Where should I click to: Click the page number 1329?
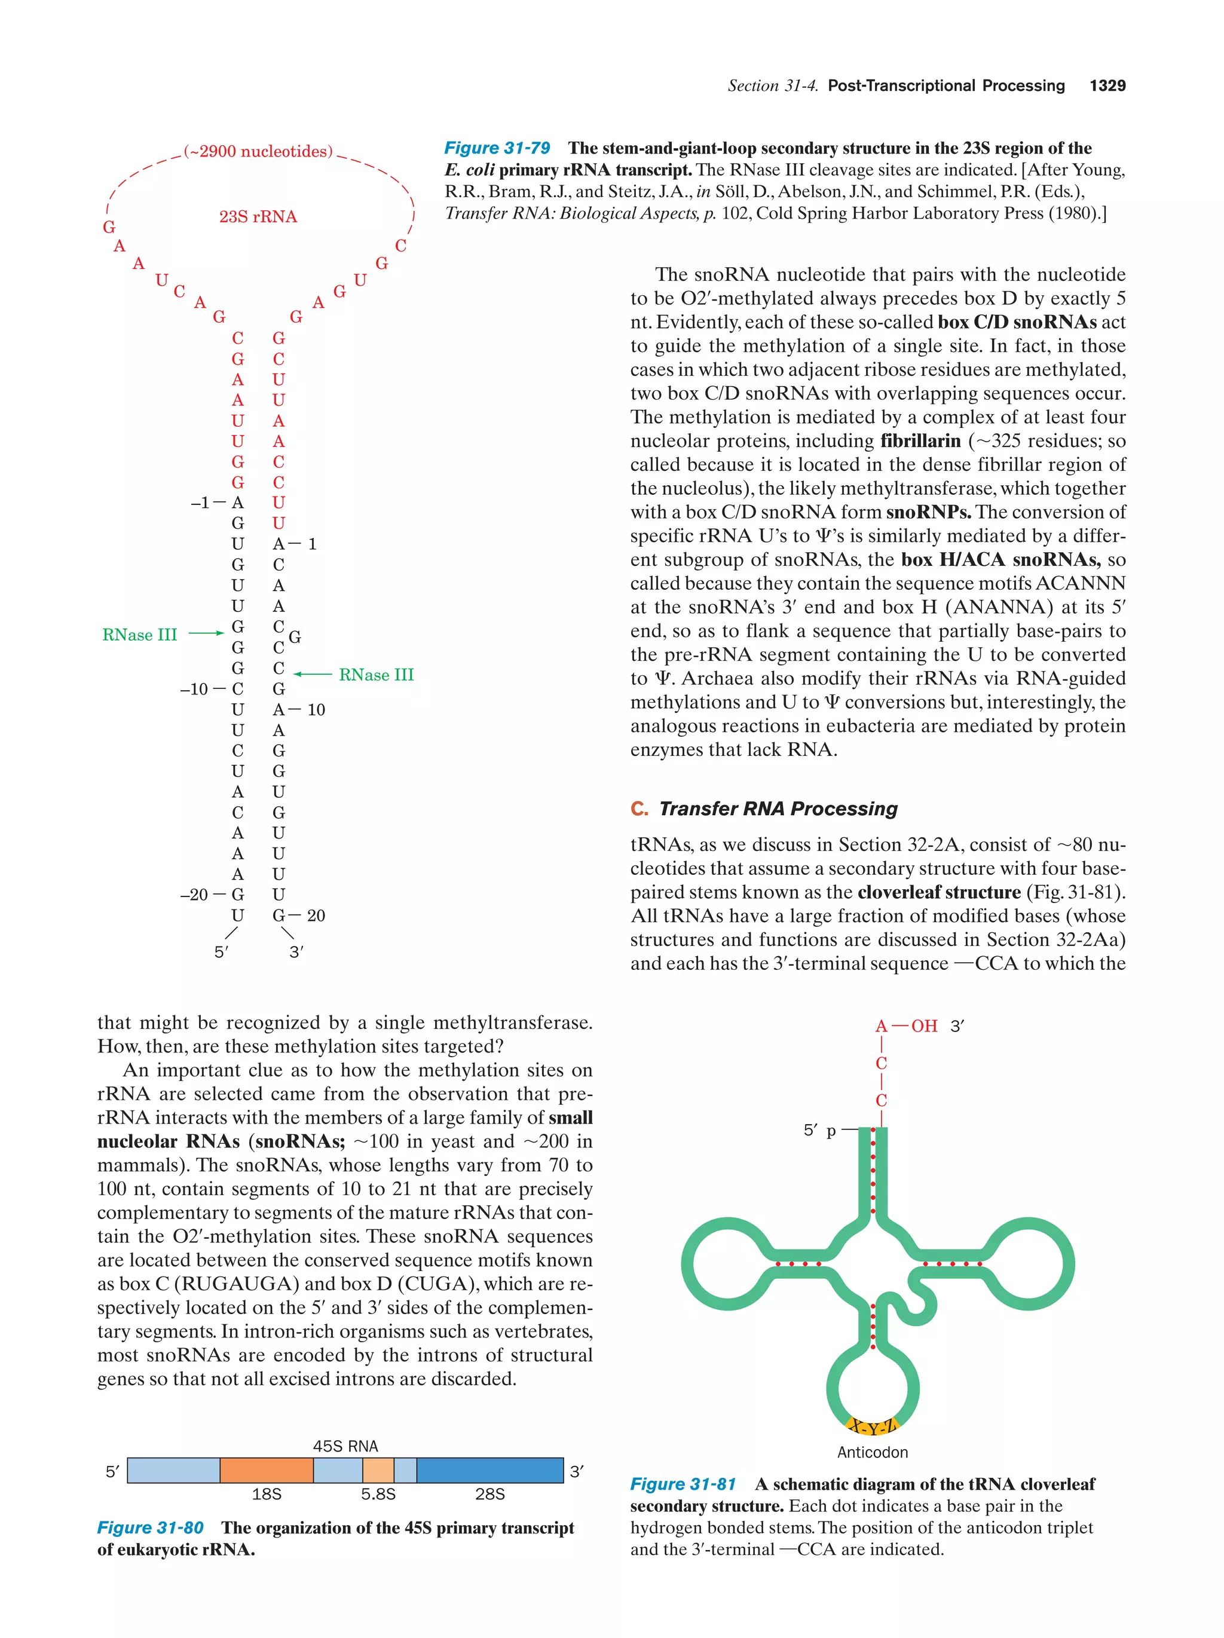[1107, 86]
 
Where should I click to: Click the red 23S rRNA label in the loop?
[258, 217]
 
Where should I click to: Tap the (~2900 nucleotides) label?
[258, 152]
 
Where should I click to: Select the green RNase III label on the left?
[139, 635]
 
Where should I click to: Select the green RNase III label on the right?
[376, 675]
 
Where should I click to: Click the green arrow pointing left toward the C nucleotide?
[313, 675]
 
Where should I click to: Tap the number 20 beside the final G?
[316, 916]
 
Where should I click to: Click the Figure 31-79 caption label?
[497, 148]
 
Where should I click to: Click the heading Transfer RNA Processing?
[778, 809]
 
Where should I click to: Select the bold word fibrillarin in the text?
[920, 442]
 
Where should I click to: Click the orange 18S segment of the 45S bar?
[267, 1470]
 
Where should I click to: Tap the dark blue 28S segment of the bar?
[489, 1470]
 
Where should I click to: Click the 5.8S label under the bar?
[378, 1495]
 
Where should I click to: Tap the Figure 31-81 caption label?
[683, 1484]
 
